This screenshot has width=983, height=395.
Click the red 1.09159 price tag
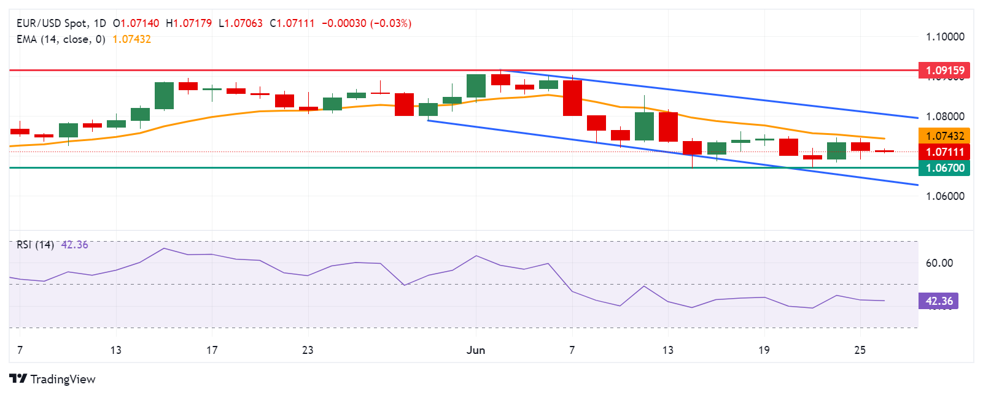[x=945, y=70]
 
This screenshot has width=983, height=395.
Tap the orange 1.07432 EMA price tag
[x=945, y=136]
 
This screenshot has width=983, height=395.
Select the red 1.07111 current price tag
[x=945, y=151]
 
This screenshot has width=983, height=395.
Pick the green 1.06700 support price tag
[x=945, y=167]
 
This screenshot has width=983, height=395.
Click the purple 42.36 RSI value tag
[x=939, y=301]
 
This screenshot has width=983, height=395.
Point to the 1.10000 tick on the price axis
[x=945, y=37]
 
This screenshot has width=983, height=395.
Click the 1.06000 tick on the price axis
[x=945, y=196]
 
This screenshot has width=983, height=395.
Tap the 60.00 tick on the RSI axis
[x=939, y=263]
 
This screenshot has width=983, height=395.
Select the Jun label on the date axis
[x=476, y=350]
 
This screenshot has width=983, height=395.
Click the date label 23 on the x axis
[x=308, y=350]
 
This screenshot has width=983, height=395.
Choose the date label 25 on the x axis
[x=860, y=350]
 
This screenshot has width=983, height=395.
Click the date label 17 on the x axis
[x=212, y=350]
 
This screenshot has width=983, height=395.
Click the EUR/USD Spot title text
[x=52, y=23]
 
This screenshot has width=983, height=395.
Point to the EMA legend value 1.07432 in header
[x=131, y=39]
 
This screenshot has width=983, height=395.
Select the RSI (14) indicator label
[x=35, y=245]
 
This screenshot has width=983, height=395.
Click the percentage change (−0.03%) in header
[x=390, y=23]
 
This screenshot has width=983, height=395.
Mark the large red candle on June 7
[x=572, y=98]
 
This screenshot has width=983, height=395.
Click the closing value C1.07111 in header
[x=292, y=23]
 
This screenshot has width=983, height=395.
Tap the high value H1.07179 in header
[x=188, y=23]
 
